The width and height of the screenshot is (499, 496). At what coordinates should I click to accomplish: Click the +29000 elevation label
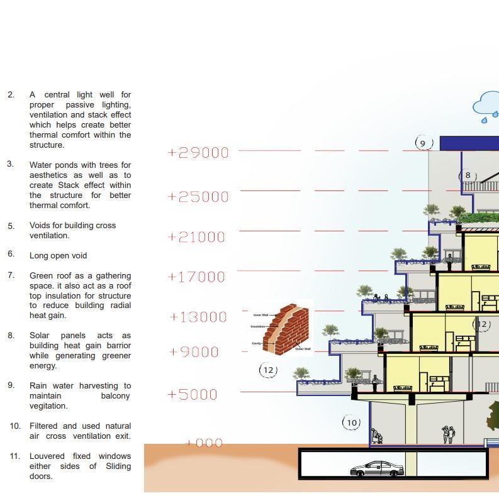[198, 153]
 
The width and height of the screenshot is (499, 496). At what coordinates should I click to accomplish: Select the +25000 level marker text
[198, 197]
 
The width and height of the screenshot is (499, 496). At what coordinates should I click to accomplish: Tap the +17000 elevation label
[196, 277]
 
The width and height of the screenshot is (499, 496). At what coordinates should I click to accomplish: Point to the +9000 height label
[194, 352]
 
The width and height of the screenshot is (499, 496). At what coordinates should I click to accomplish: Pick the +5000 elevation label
[193, 395]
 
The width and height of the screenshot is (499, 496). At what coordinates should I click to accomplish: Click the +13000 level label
[198, 317]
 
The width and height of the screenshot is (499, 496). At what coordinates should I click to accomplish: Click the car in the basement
[376, 469]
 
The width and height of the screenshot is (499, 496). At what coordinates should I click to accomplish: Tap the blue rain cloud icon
[486, 105]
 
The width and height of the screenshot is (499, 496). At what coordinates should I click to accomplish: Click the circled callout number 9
[423, 143]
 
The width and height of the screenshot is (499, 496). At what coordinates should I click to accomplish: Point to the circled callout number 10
[352, 422]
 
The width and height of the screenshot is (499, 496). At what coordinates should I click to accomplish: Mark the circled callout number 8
[468, 175]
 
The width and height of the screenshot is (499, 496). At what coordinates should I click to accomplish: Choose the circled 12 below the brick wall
[269, 370]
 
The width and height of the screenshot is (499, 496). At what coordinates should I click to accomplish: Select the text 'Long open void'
[58, 256]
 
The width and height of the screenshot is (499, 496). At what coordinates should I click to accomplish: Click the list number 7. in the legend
[11, 275]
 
